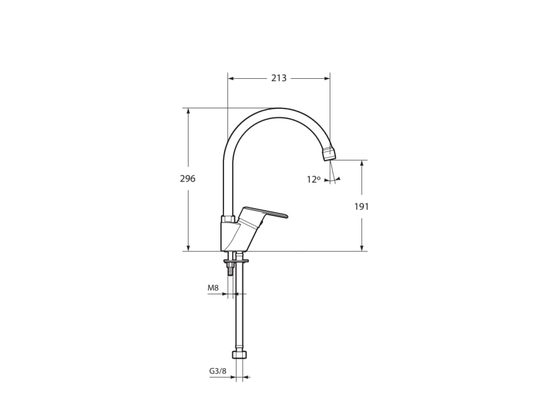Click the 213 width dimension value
click(x=279, y=78)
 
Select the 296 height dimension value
click(x=188, y=179)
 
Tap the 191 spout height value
click(x=361, y=207)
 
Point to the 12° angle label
click(x=313, y=179)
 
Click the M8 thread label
click(x=213, y=288)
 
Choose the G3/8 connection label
click(x=218, y=371)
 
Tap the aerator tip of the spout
click(x=330, y=153)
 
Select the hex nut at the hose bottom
click(x=240, y=355)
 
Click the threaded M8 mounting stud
click(x=230, y=269)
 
